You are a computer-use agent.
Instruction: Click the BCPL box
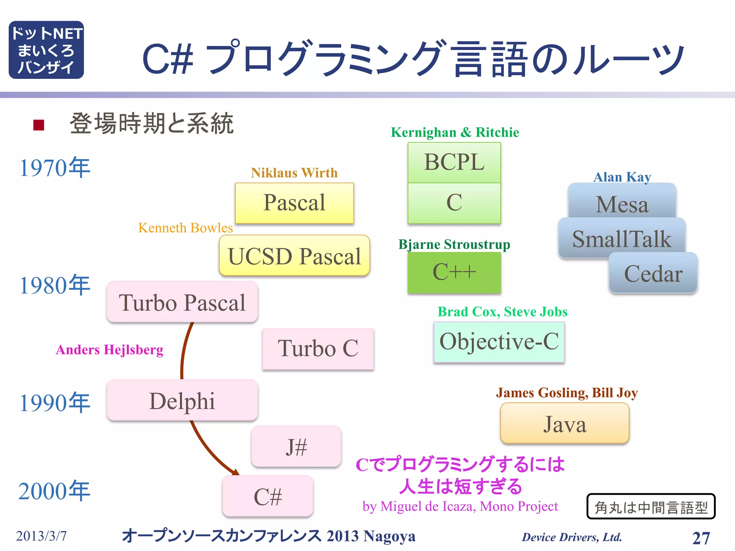click(x=454, y=162)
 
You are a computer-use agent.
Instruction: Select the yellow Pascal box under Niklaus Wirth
click(x=294, y=203)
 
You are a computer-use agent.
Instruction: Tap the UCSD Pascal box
click(x=294, y=256)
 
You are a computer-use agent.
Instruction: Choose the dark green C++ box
click(x=454, y=272)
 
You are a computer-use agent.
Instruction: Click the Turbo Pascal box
click(x=182, y=302)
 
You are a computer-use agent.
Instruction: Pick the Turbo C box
click(x=318, y=349)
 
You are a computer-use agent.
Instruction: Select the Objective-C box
click(x=499, y=342)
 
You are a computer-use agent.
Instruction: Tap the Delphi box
click(x=182, y=400)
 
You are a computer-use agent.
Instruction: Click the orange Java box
click(x=565, y=423)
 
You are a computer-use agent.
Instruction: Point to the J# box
click(x=296, y=447)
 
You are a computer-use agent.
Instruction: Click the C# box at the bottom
click(x=268, y=496)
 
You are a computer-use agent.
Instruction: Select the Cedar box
click(x=653, y=273)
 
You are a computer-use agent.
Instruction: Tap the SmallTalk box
click(x=622, y=239)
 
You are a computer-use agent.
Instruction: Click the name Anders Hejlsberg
click(x=109, y=350)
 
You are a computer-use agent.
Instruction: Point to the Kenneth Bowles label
click(x=186, y=228)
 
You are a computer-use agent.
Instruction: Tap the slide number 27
click(x=701, y=538)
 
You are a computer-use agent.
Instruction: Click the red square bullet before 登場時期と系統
click(x=38, y=125)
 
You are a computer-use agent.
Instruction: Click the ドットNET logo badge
click(x=46, y=50)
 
